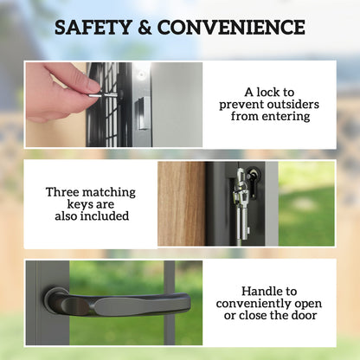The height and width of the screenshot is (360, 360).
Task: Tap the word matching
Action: coord(112,190)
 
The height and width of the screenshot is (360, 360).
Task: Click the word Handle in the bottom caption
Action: coord(245,291)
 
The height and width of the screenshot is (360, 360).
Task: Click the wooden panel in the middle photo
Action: coord(180,203)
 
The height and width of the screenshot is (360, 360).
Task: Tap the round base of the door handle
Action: coord(56,300)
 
